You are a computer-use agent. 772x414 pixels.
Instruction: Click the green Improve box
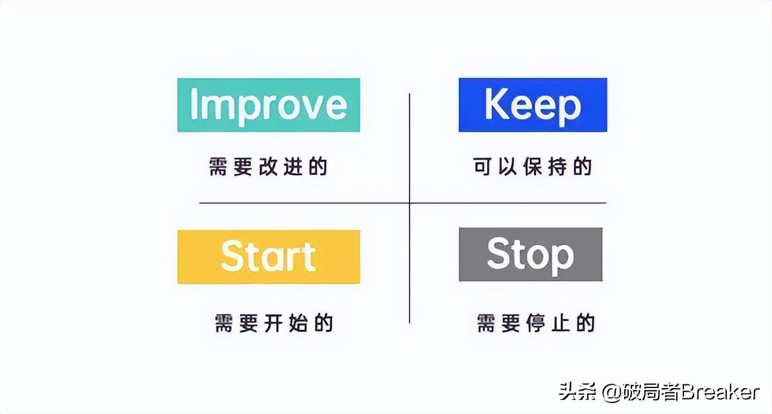click(268, 105)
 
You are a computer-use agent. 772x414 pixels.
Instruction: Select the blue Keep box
click(533, 105)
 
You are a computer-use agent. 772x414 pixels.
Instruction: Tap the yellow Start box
click(268, 256)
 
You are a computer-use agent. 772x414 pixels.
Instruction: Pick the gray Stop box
click(530, 254)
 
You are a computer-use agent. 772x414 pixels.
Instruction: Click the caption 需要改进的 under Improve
click(268, 167)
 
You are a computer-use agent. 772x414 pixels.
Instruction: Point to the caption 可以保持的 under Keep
click(533, 167)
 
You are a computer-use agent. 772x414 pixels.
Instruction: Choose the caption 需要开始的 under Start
click(274, 323)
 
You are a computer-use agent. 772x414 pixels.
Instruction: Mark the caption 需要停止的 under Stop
click(536, 323)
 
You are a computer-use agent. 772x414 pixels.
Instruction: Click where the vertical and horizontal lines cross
click(410, 203)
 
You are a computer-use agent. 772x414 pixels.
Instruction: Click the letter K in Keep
click(496, 105)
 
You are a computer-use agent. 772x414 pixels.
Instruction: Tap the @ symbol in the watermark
click(613, 393)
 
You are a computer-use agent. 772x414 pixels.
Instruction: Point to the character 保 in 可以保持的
click(533, 167)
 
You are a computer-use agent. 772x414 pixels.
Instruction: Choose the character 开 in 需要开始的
click(274, 323)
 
